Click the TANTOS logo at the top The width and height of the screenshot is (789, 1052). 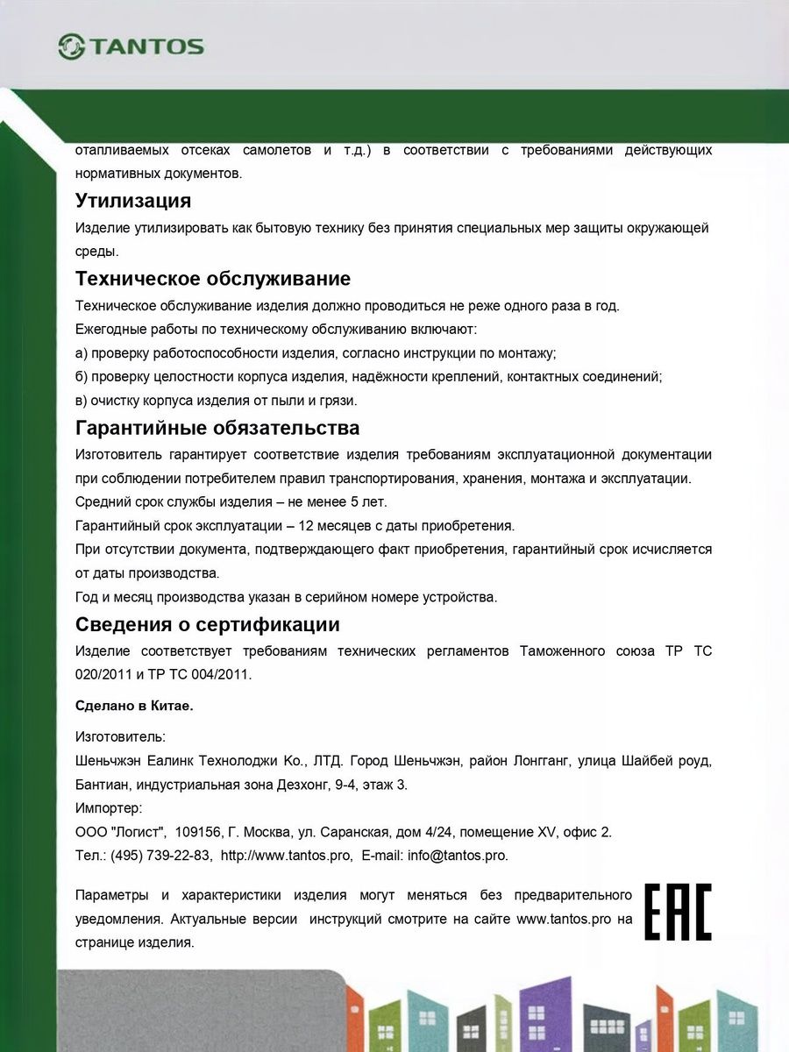(x=131, y=46)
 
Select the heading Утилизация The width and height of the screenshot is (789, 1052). (x=133, y=201)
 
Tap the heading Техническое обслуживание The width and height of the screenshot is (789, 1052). (x=213, y=279)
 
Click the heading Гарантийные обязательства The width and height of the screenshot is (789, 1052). (x=217, y=428)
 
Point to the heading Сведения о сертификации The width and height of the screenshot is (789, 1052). (x=208, y=625)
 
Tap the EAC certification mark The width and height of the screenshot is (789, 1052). (x=678, y=912)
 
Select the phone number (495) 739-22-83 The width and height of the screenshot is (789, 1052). (x=160, y=856)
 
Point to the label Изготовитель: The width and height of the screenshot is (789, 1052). (x=120, y=736)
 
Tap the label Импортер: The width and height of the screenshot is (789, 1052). (x=109, y=808)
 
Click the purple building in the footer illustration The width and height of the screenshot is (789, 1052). (x=545, y=1017)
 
